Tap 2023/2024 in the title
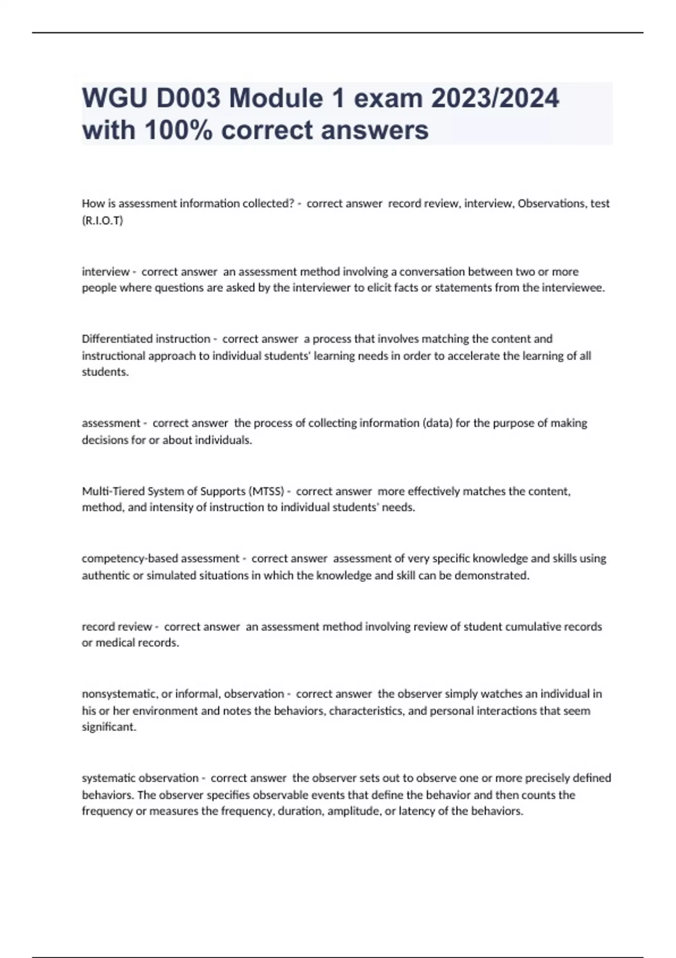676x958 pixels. [495, 99]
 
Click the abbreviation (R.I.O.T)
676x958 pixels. [103, 220]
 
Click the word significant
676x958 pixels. [108, 727]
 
